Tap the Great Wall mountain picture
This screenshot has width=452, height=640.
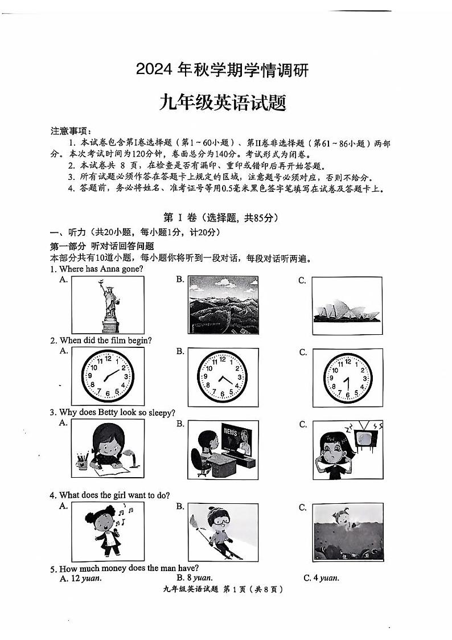pyautogui.click(x=223, y=305)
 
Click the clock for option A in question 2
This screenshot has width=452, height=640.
pyautogui.click(x=108, y=377)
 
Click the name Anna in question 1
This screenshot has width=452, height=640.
pyautogui.click(x=109, y=269)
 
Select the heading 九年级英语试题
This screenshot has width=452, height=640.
pyautogui.click(x=222, y=104)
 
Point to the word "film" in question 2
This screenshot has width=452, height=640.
pyautogui.click(x=116, y=340)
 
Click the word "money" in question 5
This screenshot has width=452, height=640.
pyautogui.click(x=114, y=568)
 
